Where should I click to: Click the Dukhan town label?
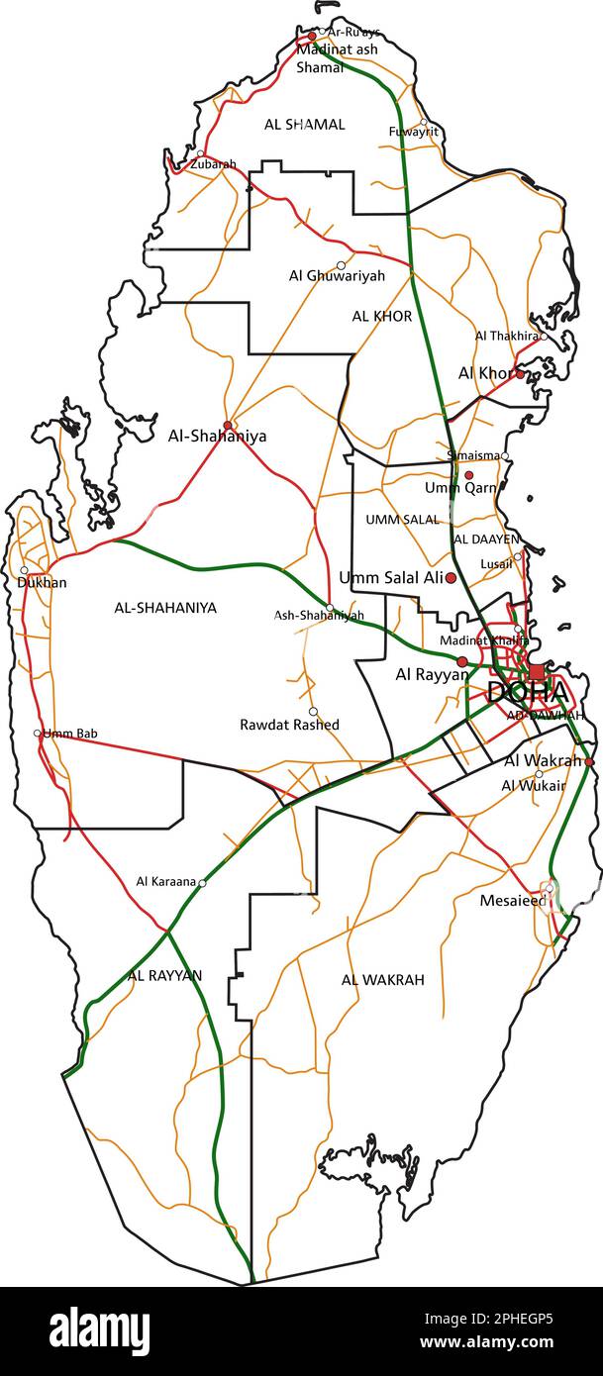(42, 583)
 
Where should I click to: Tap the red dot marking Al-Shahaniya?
(228, 426)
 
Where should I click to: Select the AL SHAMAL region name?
(304, 125)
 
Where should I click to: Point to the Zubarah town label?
(214, 164)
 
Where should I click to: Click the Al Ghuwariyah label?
(337, 276)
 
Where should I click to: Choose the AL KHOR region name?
(381, 316)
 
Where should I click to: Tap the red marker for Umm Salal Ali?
(451, 577)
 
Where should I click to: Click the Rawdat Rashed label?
(289, 725)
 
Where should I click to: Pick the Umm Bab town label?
(70, 734)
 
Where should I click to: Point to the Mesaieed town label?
(512, 901)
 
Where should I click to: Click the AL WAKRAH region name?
(382, 980)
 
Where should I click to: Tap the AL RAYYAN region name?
(164, 975)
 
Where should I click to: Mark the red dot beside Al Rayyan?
(461, 661)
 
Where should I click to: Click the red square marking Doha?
(537, 671)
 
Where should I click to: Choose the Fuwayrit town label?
(413, 132)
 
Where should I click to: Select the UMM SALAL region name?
(402, 520)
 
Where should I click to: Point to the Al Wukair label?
(533, 786)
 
